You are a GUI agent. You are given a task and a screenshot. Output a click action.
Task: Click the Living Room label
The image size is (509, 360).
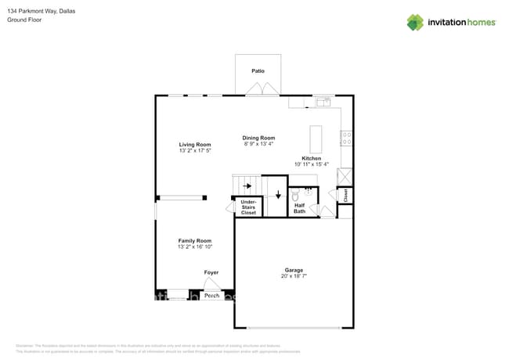pos(195,145)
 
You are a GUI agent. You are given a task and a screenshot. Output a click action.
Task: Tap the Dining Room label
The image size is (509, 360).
pos(258,139)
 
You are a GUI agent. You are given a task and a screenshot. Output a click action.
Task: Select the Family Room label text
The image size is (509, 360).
pos(195,240)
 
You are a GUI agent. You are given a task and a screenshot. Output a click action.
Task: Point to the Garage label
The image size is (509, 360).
pos(294,271)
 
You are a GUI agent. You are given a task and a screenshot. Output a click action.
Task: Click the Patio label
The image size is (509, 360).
pos(258,71)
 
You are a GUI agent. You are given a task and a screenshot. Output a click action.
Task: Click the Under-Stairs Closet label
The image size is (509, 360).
pos(248,207)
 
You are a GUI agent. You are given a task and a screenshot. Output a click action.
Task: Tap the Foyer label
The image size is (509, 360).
pos(211,272)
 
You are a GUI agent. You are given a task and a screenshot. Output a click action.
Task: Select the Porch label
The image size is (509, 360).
pos(211,296)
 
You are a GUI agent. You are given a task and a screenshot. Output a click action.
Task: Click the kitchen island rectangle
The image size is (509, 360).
pos(316,139)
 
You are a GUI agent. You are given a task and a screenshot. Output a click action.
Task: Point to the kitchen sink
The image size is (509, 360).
pos(322,102)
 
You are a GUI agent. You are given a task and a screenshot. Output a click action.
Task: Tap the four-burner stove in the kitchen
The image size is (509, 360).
pos(345,138)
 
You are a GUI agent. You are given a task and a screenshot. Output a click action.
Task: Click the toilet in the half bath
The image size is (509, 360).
pos(295,196)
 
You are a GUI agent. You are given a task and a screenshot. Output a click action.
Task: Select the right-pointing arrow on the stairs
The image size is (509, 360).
pos(247,186)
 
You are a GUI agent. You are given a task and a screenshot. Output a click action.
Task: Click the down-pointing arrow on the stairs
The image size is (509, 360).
pos(277,194)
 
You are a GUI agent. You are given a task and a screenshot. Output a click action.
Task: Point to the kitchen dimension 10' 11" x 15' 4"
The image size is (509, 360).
pos(312,164)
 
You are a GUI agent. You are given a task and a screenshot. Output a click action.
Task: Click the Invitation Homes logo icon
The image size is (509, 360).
pos(415,22)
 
